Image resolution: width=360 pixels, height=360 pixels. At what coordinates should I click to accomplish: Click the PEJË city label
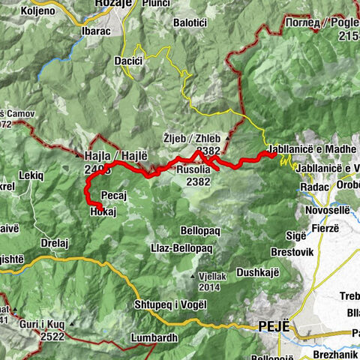(271, 327)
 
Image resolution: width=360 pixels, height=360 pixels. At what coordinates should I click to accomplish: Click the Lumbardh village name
(154, 337)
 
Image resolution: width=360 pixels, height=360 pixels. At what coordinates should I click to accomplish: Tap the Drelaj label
(56, 243)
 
